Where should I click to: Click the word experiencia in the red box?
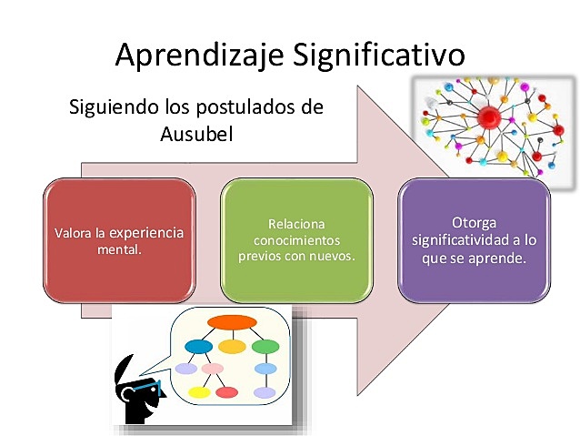point(145,232)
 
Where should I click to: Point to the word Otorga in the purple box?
point(474,223)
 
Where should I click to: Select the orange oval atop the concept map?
point(232,322)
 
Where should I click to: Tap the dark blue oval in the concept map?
point(198,347)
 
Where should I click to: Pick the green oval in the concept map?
point(265,347)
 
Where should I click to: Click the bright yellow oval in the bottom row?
point(198,392)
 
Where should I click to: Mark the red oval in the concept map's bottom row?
point(227,392)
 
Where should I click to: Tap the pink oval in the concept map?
point(213,369)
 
